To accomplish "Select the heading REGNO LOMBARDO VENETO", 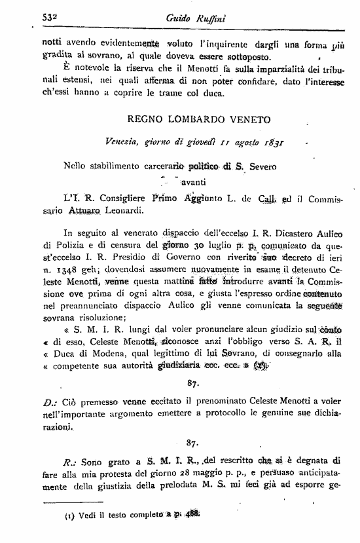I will tap(190, 120).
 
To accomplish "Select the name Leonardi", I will tap(135, 211).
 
